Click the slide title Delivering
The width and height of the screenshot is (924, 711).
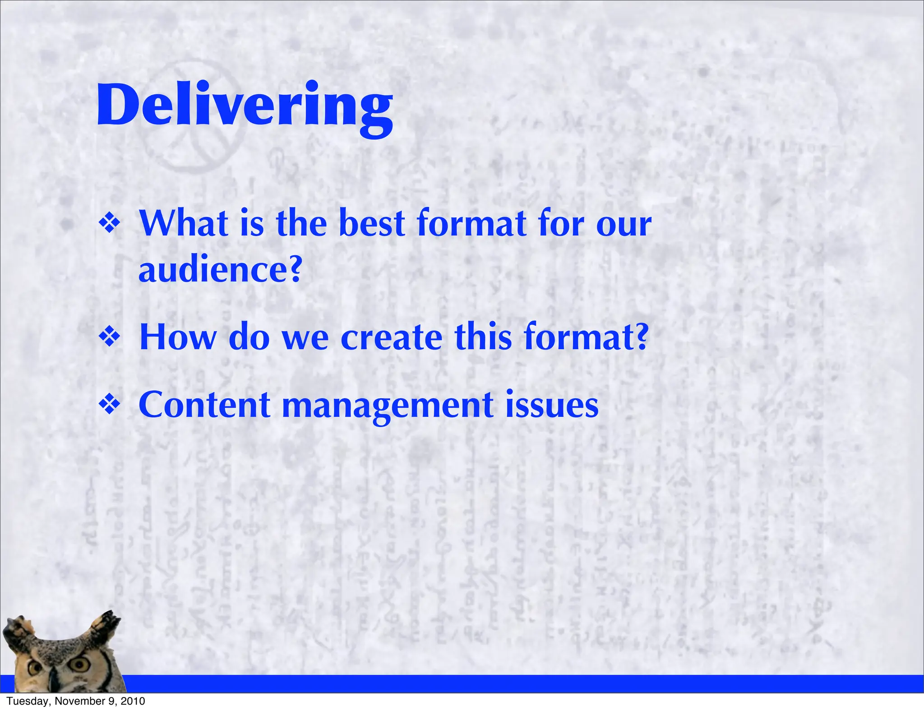(x=245, y=106)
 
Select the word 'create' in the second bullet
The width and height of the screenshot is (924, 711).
(x=391, y=337)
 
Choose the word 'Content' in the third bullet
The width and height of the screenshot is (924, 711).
(x=204, y=405)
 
